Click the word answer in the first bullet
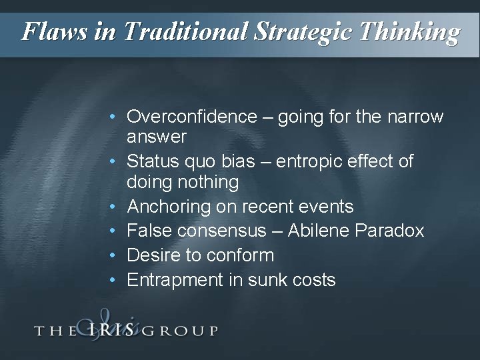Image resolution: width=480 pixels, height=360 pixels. tap(157, 137)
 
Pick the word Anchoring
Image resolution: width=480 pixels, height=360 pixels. tap(169, 207)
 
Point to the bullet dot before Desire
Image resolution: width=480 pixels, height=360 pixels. tap(115, 255)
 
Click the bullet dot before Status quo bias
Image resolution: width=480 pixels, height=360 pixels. tap(115, 161)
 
